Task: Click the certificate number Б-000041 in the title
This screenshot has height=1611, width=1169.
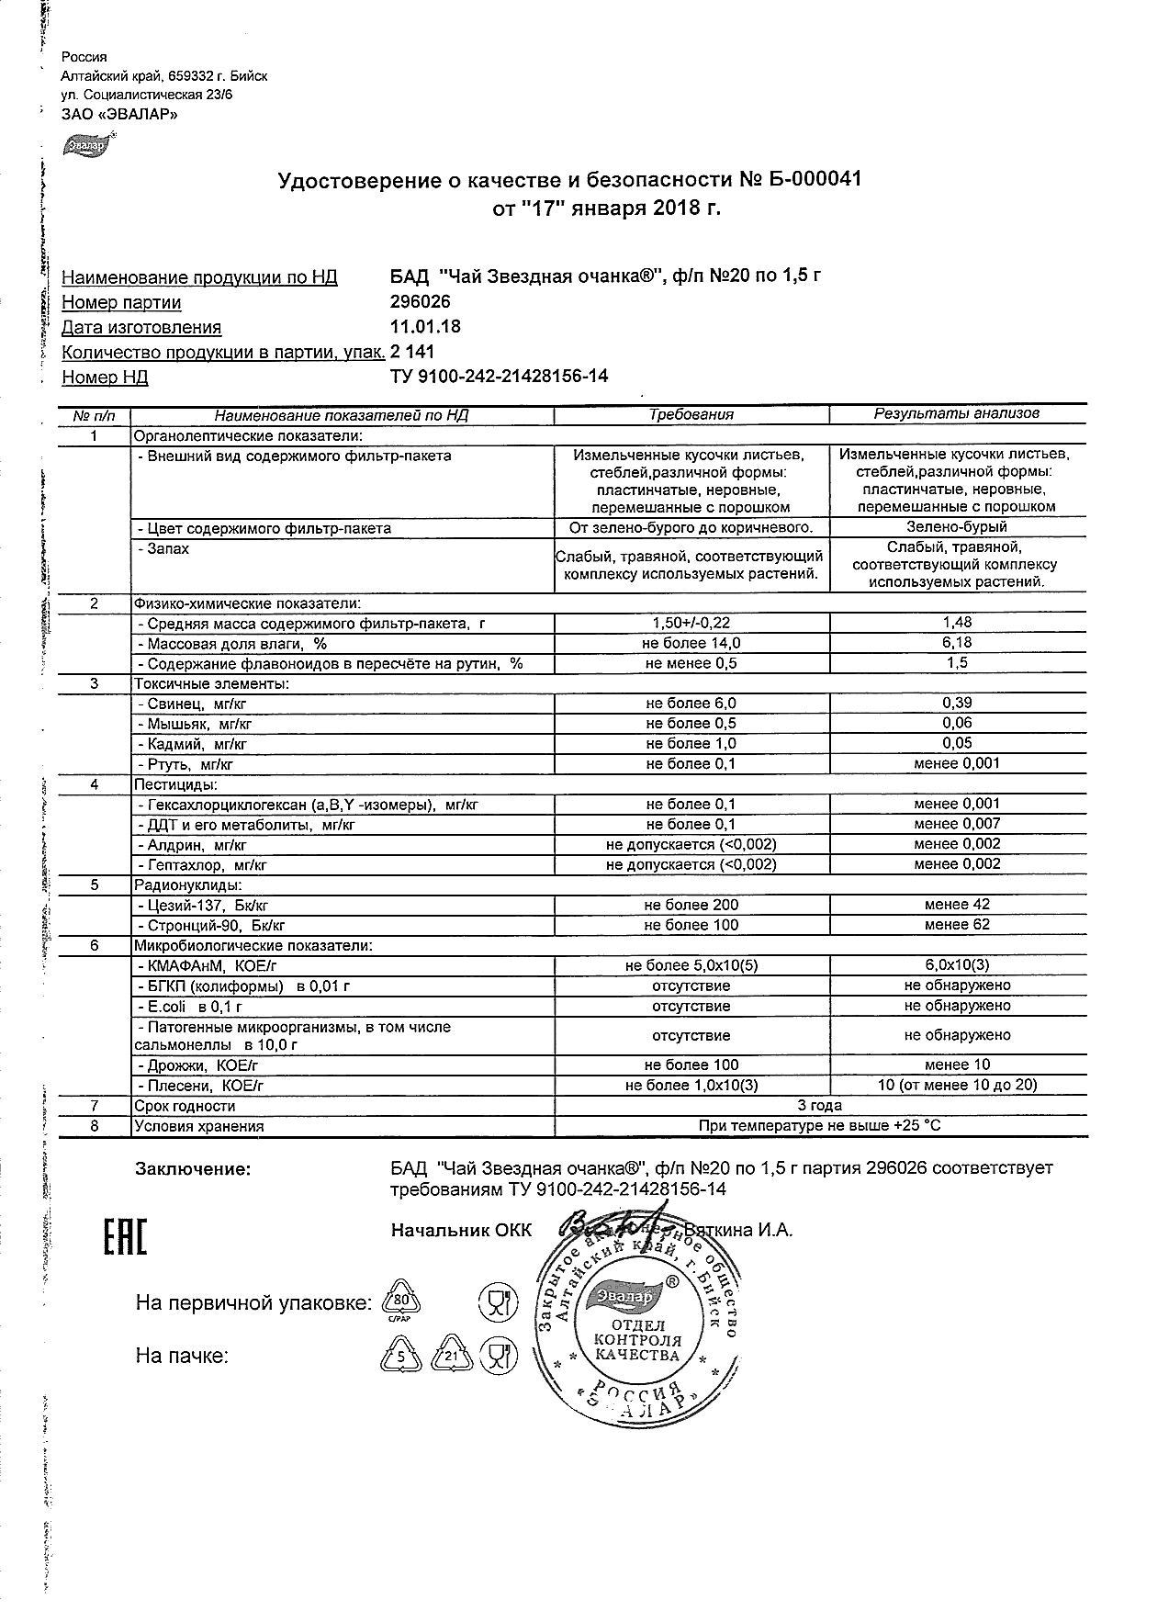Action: [813, 179]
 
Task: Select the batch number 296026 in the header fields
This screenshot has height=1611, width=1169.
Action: [421, 302]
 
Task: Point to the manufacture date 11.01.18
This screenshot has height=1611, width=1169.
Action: [426, 327]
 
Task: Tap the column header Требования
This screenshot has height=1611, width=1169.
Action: [691, 414]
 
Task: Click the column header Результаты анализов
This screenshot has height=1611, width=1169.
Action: [956, 414]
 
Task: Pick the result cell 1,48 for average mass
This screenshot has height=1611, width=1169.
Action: [957, 623]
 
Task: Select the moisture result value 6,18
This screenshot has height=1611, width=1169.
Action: [957, 643]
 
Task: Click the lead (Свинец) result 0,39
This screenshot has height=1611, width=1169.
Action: [957, 704]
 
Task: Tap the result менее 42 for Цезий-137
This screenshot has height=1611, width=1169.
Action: [957, 906]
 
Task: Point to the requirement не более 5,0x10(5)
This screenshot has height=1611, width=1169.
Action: [691, 965]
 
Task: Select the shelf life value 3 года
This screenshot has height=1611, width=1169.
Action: [820, 1106]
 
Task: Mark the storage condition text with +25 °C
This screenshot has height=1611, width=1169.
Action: [820, 1126]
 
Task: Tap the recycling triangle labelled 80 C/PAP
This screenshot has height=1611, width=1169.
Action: [399, 1301]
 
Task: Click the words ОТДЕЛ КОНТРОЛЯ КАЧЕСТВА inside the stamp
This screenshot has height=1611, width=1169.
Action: [636, 1342]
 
